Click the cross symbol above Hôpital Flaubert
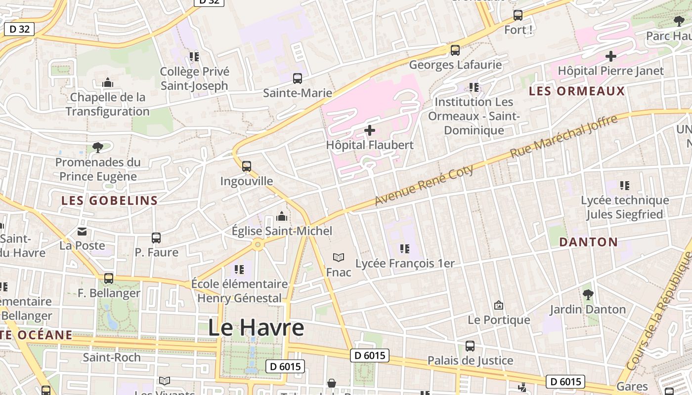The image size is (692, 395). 370,131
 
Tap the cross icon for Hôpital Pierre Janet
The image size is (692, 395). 611,56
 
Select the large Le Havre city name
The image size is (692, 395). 256,328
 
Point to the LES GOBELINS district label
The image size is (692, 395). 109,200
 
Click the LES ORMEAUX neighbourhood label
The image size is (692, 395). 577,91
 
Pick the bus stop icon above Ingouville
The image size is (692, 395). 247,166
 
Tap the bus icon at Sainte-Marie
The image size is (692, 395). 298,79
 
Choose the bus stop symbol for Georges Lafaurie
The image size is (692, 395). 455,50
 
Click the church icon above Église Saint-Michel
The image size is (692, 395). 282,216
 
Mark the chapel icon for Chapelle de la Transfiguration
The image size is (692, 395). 108,83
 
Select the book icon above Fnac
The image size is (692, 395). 339,257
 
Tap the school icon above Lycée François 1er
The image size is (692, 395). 405,248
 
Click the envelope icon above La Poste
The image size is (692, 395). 82,231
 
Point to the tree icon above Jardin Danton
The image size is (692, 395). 588,295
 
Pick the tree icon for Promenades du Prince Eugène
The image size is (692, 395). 98,147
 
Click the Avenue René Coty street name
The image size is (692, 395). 424,185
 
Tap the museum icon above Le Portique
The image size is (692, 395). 499,305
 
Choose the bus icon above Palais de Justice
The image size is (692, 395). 470,346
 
